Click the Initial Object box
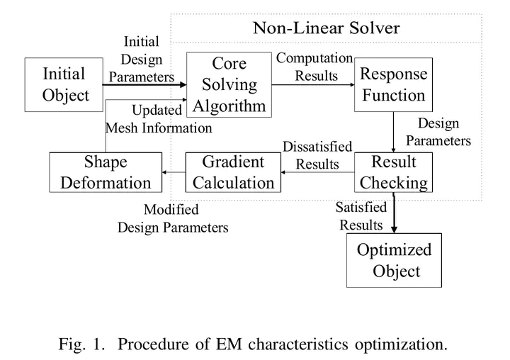pos(64,84)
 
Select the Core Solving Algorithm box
pos(229,84)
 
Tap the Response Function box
pos(393,84)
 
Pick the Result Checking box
pos(393,172)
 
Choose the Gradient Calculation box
pos(233,172)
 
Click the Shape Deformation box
pos(106,172)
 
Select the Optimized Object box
pos(394,260)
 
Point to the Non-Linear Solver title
pos(327,28)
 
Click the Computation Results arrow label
pos(314,67)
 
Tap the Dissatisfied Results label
pos(317,155)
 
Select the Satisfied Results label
pos(361,216)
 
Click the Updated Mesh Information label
pos(159,119)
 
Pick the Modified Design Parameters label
pos(173,218)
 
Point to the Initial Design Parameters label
pos(142,60)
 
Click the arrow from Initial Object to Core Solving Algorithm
pos(144,85)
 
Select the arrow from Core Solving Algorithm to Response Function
pos(313,84)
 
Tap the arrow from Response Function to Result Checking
pos(393,132)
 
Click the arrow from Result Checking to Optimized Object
pos(394,213)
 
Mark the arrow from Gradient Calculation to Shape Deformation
pos(174,172)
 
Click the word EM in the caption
pos(229,344)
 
